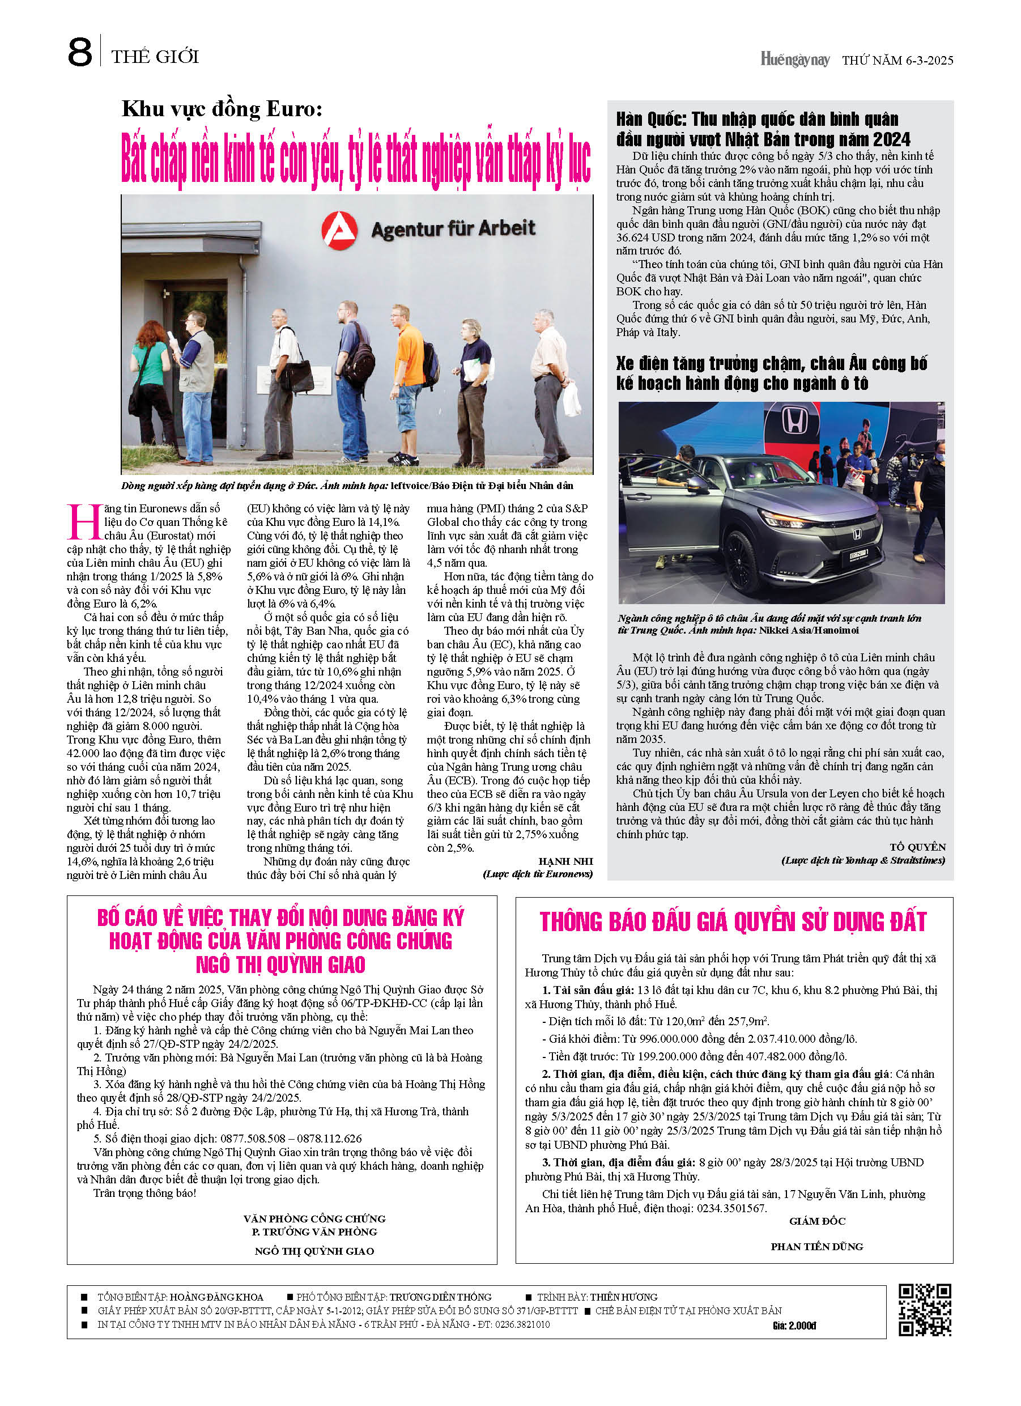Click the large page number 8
click(x=80, y=52)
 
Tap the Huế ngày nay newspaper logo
click(x=794, y=59)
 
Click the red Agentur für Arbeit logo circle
click(x=339, y=230)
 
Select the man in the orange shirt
click(x=410, y=390)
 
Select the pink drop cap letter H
click(x=84, y=523)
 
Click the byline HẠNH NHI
click(x=565, y=861)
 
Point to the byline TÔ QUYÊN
click(x=917, y=847)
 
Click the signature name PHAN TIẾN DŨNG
click(x=816, y=1246)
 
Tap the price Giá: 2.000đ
click(x=794, y=1326)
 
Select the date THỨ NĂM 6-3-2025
click(x=897, y=60)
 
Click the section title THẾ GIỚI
click(x=155, y=57)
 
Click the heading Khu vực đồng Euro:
click(x=222, y=109)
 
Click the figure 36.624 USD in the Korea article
click(x=647, y=237)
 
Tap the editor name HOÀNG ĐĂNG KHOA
click(x=216, y=1297)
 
